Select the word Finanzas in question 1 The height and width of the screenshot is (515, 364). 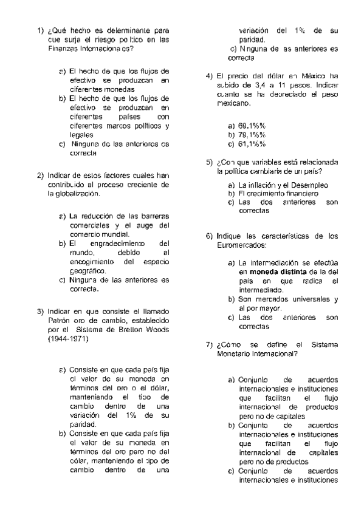[x=63, y=48]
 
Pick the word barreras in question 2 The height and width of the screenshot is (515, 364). [x=155, y=216]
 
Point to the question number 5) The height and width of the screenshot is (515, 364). [x=210, y=162]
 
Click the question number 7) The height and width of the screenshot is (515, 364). [x=210, y=344]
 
